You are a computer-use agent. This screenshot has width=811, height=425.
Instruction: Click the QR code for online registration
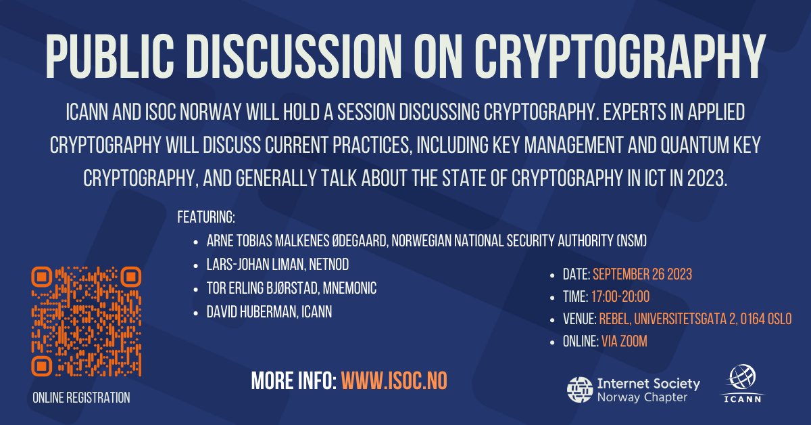coord(86,321)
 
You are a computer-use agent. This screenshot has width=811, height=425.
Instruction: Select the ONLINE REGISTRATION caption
coord(81,398)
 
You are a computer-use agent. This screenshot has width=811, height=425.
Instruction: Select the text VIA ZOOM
coord(624,342)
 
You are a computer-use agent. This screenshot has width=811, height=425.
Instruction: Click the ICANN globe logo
coord(742,379)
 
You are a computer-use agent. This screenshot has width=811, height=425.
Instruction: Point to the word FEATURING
coord(205,217)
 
